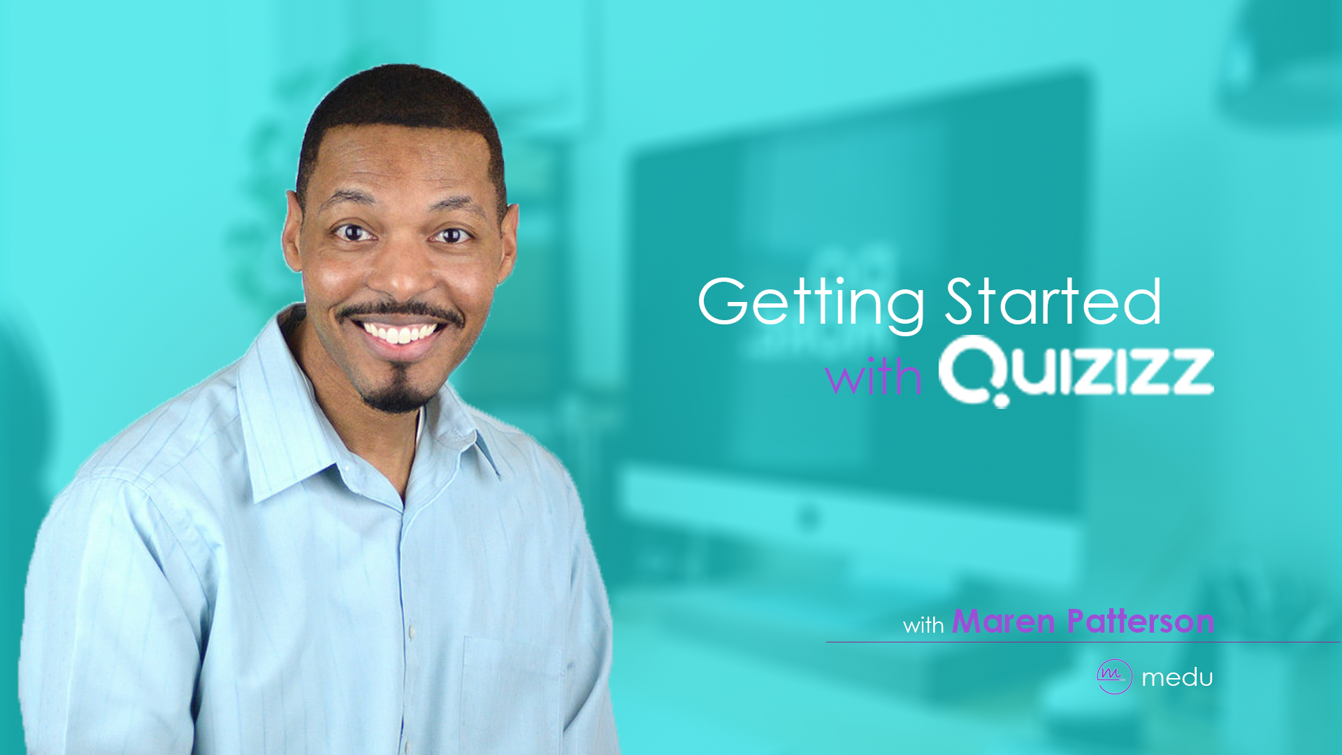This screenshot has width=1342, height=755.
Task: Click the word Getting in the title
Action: click(811, 302)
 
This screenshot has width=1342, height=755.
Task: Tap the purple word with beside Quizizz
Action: click(873, 377)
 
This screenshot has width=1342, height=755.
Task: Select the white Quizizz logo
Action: click(1076, 371)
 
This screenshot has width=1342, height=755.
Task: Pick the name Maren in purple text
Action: click(1003, 621)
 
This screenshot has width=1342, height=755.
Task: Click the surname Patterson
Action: click(1141, 621)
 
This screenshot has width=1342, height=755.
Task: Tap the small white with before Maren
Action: click(923, 624)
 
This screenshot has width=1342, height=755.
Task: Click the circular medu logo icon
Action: click(1113, 676)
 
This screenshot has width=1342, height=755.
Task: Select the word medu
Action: click(1177, 677)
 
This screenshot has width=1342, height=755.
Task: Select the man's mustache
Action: click(398, 310)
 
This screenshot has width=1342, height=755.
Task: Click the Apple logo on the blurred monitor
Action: click(809, 517)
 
